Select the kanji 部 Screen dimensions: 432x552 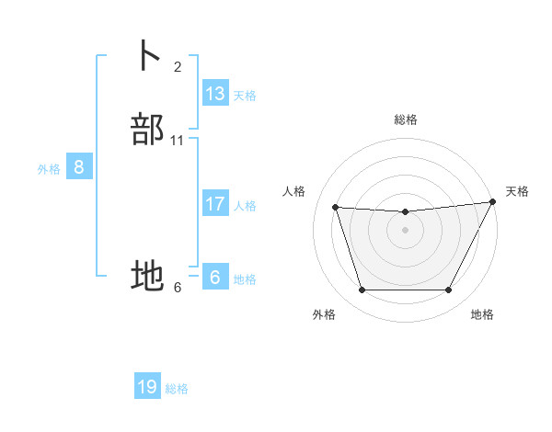pos(148,130)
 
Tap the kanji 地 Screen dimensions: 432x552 pos(148,275)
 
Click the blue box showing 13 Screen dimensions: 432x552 pos(215,94)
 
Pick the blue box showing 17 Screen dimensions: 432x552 pos(215,204)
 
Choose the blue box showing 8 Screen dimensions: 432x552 pos(79,167)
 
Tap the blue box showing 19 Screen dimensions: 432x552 pos(147,387)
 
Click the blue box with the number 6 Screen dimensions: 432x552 pos(215,278)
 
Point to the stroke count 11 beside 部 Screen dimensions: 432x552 pos(178,141)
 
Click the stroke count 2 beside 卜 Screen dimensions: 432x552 pos(178,66)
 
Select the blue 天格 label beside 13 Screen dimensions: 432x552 pos(245,96)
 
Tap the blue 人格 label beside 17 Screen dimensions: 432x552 pos(245,206)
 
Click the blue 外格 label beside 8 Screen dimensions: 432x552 pos(49,169)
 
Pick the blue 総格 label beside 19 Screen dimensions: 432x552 pos(177,389)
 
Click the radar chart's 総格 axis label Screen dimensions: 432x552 pos(406,119)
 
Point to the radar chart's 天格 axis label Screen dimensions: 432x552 pos(517,191)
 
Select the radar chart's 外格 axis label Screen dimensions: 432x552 pos(324,314)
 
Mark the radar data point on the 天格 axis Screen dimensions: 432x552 pos(494,202)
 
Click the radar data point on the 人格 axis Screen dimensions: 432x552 pos(335,208)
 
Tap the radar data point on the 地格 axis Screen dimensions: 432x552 pos(449,290)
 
